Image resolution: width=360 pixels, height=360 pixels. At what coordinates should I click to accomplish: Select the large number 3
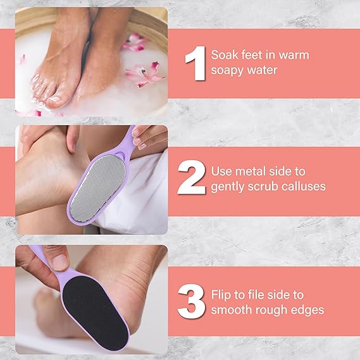click(191, 302)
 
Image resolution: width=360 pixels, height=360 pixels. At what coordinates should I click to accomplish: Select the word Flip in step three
click(225, 295)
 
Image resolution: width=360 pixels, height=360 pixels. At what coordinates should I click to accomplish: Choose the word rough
click(273, 310)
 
